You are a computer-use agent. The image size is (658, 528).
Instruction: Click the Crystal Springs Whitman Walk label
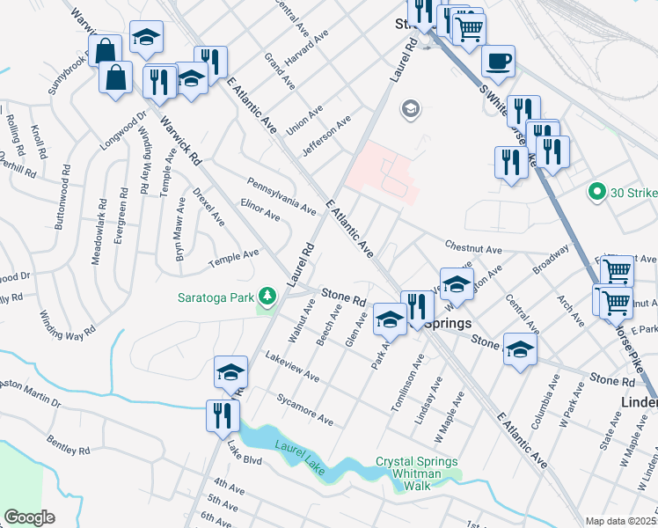[x=416, y=468]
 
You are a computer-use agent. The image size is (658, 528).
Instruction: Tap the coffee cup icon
[x=498, y=61]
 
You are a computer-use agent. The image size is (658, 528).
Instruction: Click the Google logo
[x=29, y=517]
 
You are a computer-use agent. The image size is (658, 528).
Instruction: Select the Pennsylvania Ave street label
[x=281, y=195]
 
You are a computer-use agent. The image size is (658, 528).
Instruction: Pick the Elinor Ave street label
[x=260, y=209]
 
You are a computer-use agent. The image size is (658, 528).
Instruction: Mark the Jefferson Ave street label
[x=326, y=135]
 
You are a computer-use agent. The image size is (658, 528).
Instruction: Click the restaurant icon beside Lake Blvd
[x=218, y=414]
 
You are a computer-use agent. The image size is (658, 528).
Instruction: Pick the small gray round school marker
[x=409, y=109]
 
